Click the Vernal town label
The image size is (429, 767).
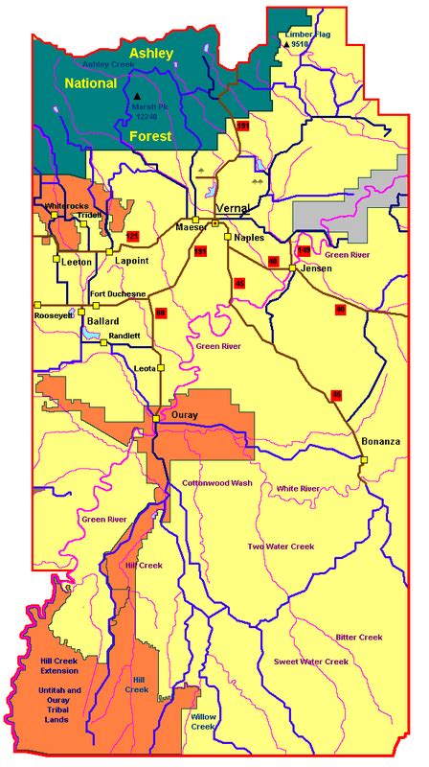(233, 208)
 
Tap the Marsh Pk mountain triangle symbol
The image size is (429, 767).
(138, 97)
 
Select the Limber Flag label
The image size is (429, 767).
(308, 34)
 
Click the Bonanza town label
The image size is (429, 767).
(381, 442)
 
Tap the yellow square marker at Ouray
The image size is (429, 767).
(155, 417)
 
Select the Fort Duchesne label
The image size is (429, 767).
(118, 293)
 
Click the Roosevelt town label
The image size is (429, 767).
(53, 314)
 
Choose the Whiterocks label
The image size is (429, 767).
(66, 205)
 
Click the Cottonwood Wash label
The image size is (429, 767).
(217, 483)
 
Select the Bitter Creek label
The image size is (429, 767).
(359, 637)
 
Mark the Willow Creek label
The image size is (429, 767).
(203, 721)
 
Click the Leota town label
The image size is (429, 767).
(147, 367)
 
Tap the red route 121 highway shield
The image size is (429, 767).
(133, 236)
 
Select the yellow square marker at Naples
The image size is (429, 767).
(227, 236)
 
